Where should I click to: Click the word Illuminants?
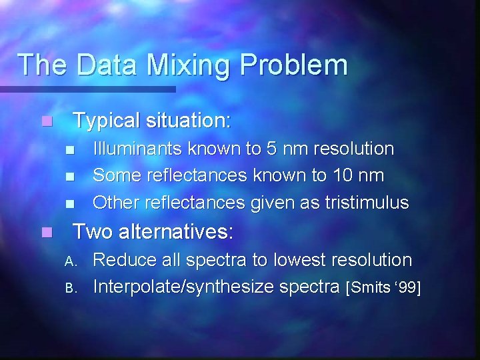click(137, 148)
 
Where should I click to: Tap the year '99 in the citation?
click(407, 288)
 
